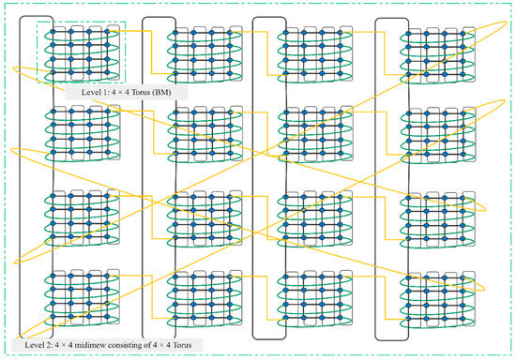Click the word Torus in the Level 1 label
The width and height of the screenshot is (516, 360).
click(x=152, y=94)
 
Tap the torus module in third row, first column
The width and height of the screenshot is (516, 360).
click(x=80, y=217)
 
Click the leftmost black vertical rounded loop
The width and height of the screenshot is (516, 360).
click(x=21, y=178)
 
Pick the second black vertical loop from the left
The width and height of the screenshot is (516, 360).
click(x=143, y=178)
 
